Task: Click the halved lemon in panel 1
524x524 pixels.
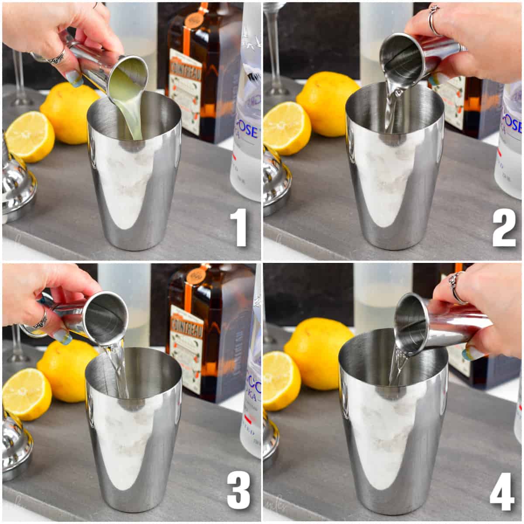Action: (30, 136)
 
